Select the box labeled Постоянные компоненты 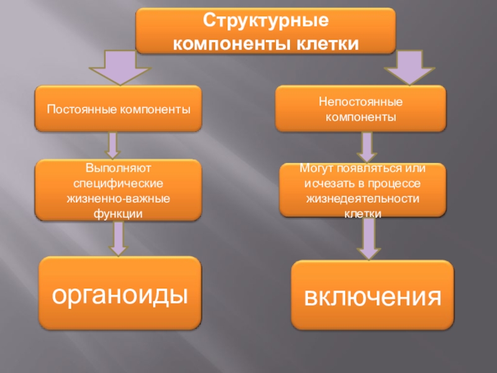[x=118, y=109]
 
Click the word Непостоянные [x=360, y=101]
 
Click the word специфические [x=117, y=183]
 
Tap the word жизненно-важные [x=117, y=198]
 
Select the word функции [x=117, y=213]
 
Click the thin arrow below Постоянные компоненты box [x=112, y=144]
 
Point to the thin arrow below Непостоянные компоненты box [x=366, y=147]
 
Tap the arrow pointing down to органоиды [x=116, y=238]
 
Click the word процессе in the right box [x=398, y=184]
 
